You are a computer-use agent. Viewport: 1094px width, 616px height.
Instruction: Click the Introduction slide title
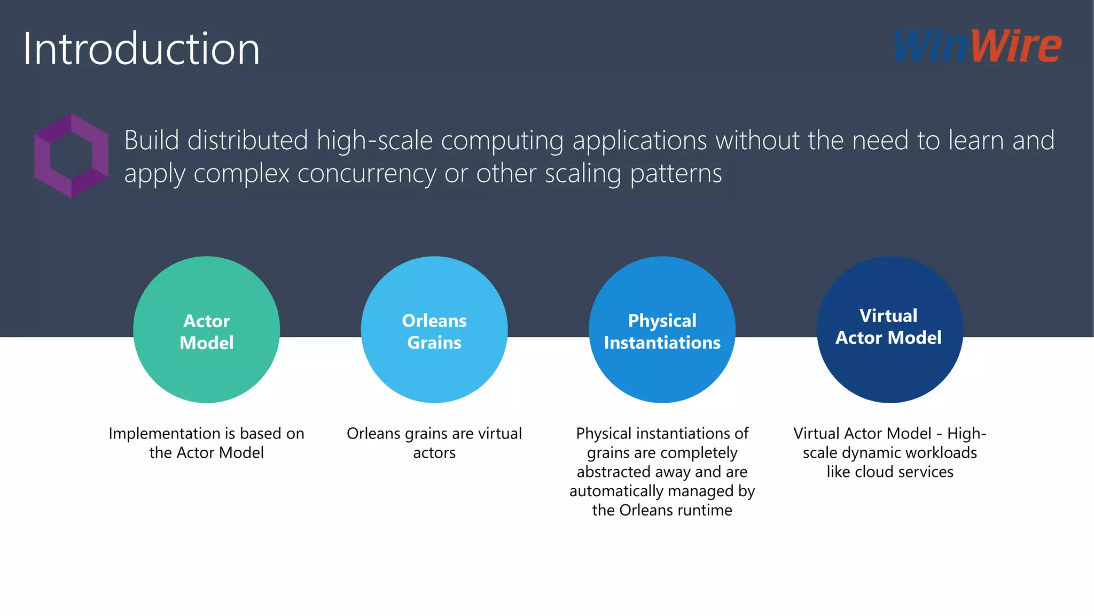[141, 49]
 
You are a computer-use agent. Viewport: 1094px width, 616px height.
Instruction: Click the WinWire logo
[977, 47]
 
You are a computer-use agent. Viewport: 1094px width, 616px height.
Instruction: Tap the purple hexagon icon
[71, 155]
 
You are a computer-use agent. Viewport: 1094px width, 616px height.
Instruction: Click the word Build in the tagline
[151, 141]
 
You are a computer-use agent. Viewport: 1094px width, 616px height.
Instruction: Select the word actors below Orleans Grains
[434, 453]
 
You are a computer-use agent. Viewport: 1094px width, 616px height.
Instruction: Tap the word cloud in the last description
[874, 472]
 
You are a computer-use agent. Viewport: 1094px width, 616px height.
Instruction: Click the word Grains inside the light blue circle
[434, 343]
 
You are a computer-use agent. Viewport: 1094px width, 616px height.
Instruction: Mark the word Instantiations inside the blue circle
[662, 343]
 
